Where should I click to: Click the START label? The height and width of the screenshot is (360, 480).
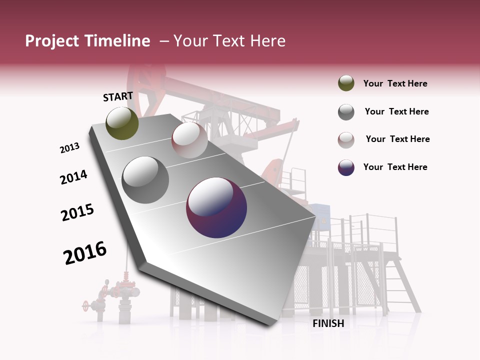point(118,96)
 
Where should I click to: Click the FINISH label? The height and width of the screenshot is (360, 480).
point(328,323)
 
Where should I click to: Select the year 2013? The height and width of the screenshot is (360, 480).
point(69,148)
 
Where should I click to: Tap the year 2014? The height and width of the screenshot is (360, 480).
point(73,177)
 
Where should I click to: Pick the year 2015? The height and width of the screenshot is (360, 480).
point(77,212)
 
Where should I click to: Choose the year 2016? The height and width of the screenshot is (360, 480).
point(85,253)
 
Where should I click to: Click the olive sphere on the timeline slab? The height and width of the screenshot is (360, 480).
point(122,123)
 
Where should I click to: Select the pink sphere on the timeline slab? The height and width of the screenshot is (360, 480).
point(189,140)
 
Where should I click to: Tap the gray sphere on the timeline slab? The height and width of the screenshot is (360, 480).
point(145,179)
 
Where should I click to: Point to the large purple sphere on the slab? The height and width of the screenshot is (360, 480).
point(216,207)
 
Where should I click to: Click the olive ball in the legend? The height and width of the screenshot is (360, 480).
point(346,83)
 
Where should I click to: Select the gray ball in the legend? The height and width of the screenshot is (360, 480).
point(346,112)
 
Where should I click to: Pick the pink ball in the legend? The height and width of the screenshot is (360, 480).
point(346,139)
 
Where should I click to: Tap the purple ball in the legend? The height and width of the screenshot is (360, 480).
point(346,167)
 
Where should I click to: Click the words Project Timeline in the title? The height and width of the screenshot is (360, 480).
point(87,41)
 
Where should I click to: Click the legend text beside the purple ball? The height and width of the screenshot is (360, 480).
point(395,167)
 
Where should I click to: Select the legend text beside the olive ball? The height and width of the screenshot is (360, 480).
point(395,83)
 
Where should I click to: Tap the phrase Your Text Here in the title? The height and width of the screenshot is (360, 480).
point(229,41)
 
